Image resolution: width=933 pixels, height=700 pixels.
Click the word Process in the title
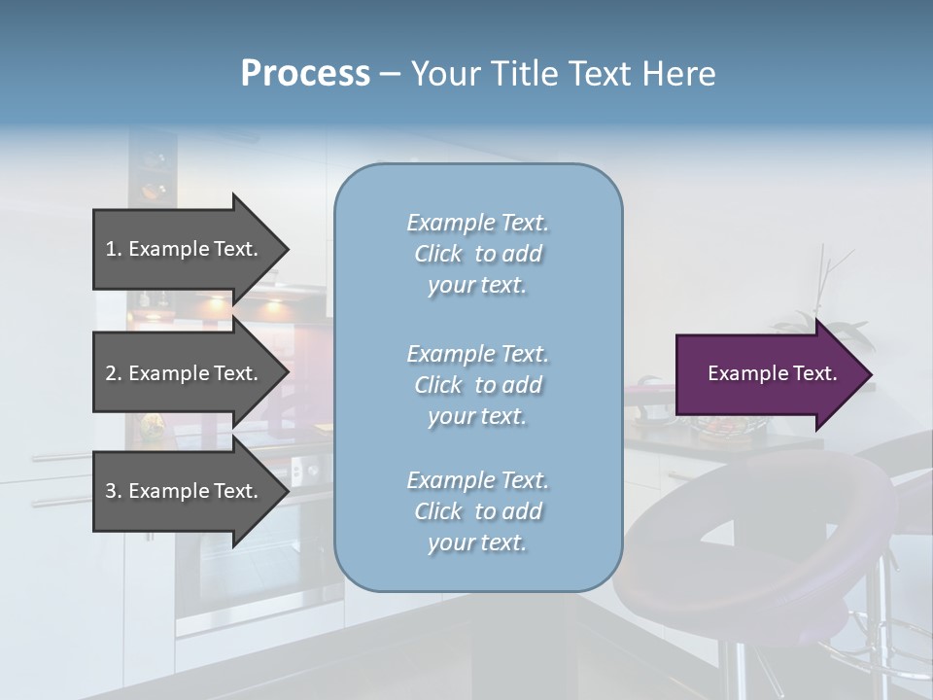pyautogui.click(x=305, y=74)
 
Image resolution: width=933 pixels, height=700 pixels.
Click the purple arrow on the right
pyautogui.click(x=768, y=374)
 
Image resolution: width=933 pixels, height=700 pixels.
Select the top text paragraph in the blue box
pyautogui.click(x=477, y=254)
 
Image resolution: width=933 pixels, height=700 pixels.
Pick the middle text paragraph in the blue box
pyautogui.click(x=477, y=385)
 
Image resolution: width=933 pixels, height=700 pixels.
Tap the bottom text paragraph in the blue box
pyautogui.click(x=477, y=511)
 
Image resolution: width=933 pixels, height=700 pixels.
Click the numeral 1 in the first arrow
pyautogui.click(x=111, y=249)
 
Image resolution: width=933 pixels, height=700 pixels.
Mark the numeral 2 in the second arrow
pyautogui.click(x=111, y=373)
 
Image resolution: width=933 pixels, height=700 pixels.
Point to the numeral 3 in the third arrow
pyautogui.click(x=111, y=491)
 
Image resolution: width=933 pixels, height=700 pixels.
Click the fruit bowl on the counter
pyautogui.click(x=724, y=426)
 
